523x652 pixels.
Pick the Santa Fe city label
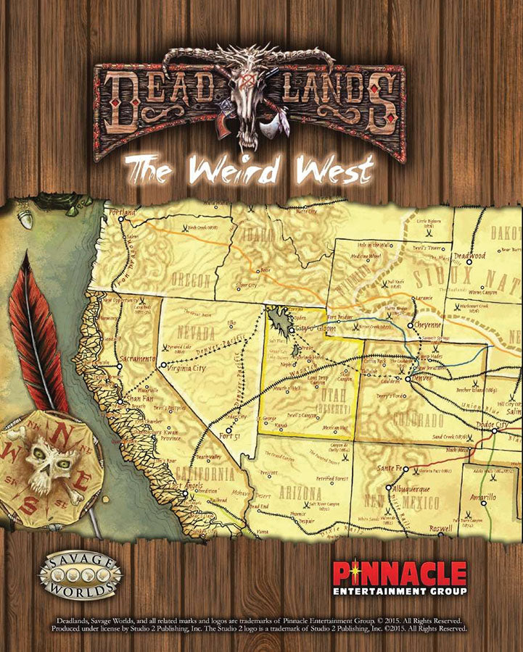(390, 469)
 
